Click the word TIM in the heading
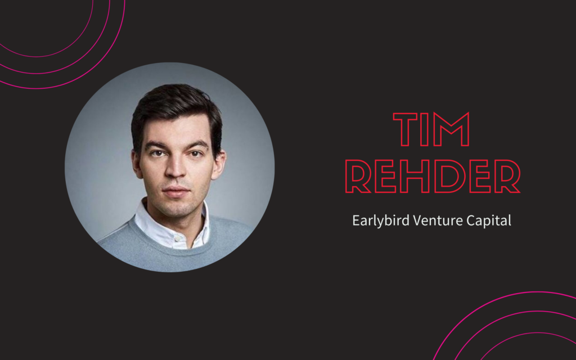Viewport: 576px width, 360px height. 431,129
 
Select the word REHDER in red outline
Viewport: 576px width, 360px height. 433,176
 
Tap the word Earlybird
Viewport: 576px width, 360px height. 381,220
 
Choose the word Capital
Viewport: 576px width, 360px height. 489,220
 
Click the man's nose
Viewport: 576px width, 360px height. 175,169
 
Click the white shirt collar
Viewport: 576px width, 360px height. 171,224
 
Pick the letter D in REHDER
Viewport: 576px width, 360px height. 450,176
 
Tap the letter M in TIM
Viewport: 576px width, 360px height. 451,129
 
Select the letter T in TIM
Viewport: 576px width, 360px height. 405,129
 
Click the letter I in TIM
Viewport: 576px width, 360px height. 424,129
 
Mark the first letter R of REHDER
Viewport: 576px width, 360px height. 357,176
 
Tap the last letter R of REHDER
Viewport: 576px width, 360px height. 507,176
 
